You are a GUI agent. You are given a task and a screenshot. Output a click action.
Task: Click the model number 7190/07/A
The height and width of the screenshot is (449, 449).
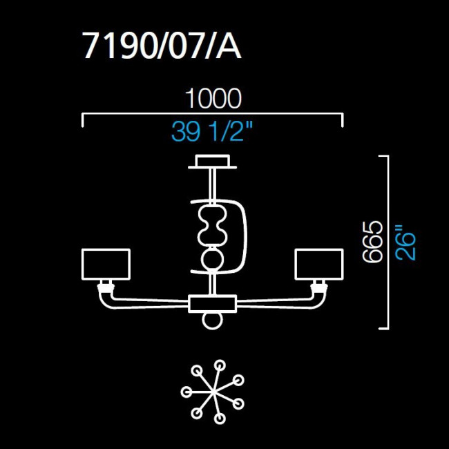tap(162, 47)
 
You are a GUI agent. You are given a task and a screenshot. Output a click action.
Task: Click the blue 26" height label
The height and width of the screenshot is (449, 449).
tap(406, 241)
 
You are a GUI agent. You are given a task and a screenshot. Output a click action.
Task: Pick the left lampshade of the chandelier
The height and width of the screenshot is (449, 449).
tap(106, 265)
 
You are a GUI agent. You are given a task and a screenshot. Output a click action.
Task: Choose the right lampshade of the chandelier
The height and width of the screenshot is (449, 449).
tap(319, 265)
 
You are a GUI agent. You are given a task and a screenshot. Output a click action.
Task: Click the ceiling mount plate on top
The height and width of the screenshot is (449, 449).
tap(213, 162)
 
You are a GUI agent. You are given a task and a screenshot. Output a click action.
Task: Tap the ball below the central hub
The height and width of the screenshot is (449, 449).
tap(213, 322)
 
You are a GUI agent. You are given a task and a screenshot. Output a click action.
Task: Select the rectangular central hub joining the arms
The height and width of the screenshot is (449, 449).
tap(213, 303)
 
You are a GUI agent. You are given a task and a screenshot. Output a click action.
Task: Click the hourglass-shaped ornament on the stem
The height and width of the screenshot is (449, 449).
tap(213, 225)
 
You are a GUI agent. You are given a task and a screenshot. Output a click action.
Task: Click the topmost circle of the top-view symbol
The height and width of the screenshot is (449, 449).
tap(219, 364)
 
